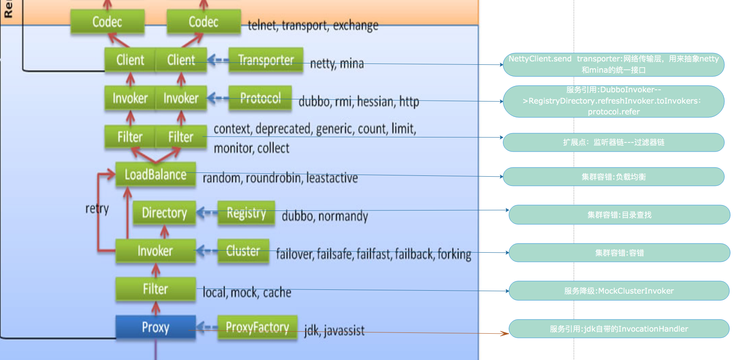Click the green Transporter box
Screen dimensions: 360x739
tap(266, 60)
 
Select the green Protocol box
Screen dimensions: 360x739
tap(260, 98)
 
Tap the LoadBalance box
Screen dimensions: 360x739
tap(155, 174)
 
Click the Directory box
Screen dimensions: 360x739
tap(164, 213)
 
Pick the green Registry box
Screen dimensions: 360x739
tap(246, 213)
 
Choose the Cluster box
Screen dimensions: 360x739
tap(243, 251)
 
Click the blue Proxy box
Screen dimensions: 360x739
tap(155, 327)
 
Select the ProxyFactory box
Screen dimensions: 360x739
tap(257, 327)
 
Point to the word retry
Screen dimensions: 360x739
tap(97, 208)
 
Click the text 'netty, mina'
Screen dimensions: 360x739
tap(337, 63)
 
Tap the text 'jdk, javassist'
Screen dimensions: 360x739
tap(334, 330)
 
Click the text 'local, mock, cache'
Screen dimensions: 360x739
tap(247, 292)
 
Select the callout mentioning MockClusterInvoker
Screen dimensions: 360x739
tap(619, 291)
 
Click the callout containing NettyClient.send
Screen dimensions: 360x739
tap(613, 64)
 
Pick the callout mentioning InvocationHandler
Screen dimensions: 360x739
tap(619, 329)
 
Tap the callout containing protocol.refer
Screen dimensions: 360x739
tap(613, 101)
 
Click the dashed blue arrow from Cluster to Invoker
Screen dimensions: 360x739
tap(207, 251)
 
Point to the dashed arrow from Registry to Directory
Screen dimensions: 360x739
tap(207, 213)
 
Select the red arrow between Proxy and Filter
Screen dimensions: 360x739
tap(156, 308)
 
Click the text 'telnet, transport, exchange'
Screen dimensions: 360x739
tap(313, 25)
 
